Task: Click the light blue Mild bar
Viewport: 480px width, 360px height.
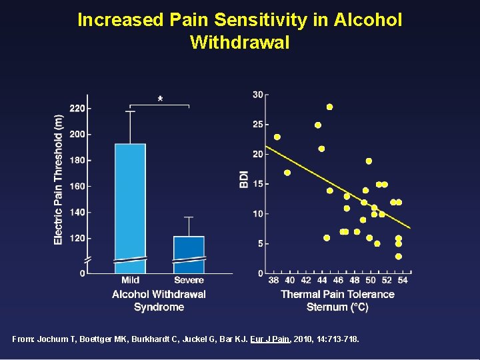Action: (130, 200)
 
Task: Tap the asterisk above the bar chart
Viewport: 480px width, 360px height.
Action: (160, 99)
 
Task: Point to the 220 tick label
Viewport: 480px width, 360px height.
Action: (78, 108)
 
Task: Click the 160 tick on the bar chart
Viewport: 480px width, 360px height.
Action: (78, 186)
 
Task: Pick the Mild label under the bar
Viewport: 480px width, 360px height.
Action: (131, 280)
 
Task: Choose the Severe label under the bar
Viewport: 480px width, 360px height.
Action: (189, 280)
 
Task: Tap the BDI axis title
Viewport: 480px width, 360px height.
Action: (244, 179)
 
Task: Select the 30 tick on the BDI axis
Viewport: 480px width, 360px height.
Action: (257, 95)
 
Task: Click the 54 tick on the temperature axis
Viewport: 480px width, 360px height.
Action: (403, 280)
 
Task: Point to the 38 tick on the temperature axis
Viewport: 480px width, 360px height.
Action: (273, 280)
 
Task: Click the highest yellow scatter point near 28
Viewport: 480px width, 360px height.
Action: (329, 107)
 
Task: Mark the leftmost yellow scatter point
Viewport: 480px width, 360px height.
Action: (277, 137)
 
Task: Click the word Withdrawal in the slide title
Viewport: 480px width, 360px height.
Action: (240, 43)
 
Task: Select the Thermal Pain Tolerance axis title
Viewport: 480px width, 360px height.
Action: (337, 294)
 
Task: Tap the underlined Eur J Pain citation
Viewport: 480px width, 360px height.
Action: (275, 339)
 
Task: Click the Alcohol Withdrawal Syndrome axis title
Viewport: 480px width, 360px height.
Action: (159, 300)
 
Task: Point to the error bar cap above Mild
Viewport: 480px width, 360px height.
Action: (130, 111)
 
